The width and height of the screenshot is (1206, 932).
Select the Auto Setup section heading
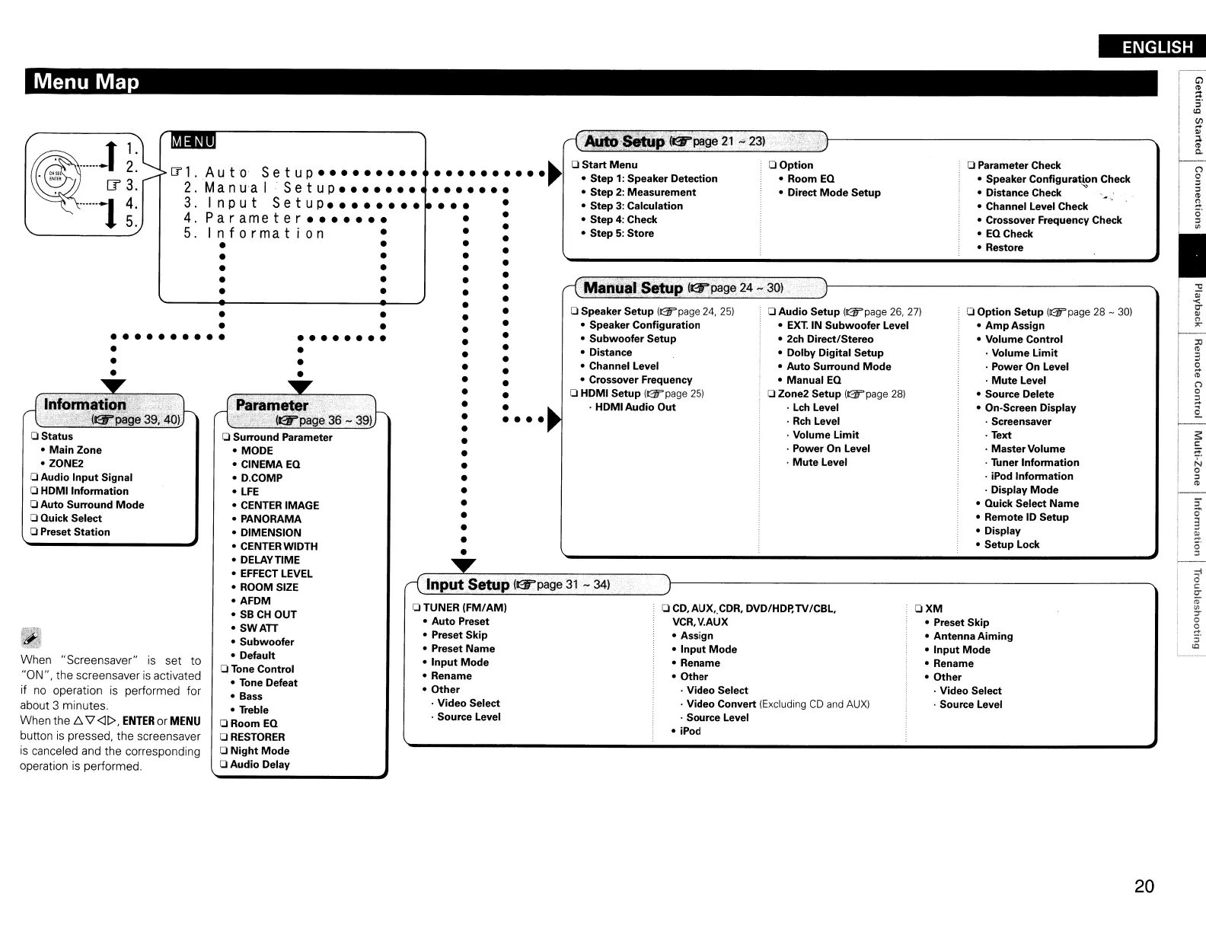pyautogui.click(x=624, y=142)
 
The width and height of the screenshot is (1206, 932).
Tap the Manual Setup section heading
pyautogui.click(x=633, y=288)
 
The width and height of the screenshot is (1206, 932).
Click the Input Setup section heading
pyautogui.click(x=467, y=585)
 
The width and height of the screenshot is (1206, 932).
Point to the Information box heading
pyautogui.click(x=85, y=404)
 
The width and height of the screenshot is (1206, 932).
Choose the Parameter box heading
pyautogui.click(x=272, y=405)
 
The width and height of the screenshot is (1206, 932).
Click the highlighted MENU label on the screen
pyautogui.click(x=193, y=142)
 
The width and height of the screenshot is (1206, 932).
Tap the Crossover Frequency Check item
pyautogui.click(x=1053, y=220)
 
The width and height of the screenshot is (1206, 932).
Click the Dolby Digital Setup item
pyautogui.click(x=834, y=353)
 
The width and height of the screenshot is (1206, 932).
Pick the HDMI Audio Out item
pyautogui.click(x=635, y=407)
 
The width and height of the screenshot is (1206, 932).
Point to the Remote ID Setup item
pyautogui.click(x=1026, y=517)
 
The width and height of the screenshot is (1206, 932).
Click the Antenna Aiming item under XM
pyautogui.click(x=973, y=637)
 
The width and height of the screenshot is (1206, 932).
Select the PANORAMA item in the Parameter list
pyautogui.click(x=270, y=519)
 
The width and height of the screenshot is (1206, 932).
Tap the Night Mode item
pyautogui.click(x=260, y=751)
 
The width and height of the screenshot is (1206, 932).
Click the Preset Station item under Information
pyautogui.click(x=75, y=532)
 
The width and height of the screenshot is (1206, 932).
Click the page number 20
pyautogui.click(x=1144, y=886)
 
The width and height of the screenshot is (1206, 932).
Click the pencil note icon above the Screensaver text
pyautogui.click(x=31, y=638)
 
